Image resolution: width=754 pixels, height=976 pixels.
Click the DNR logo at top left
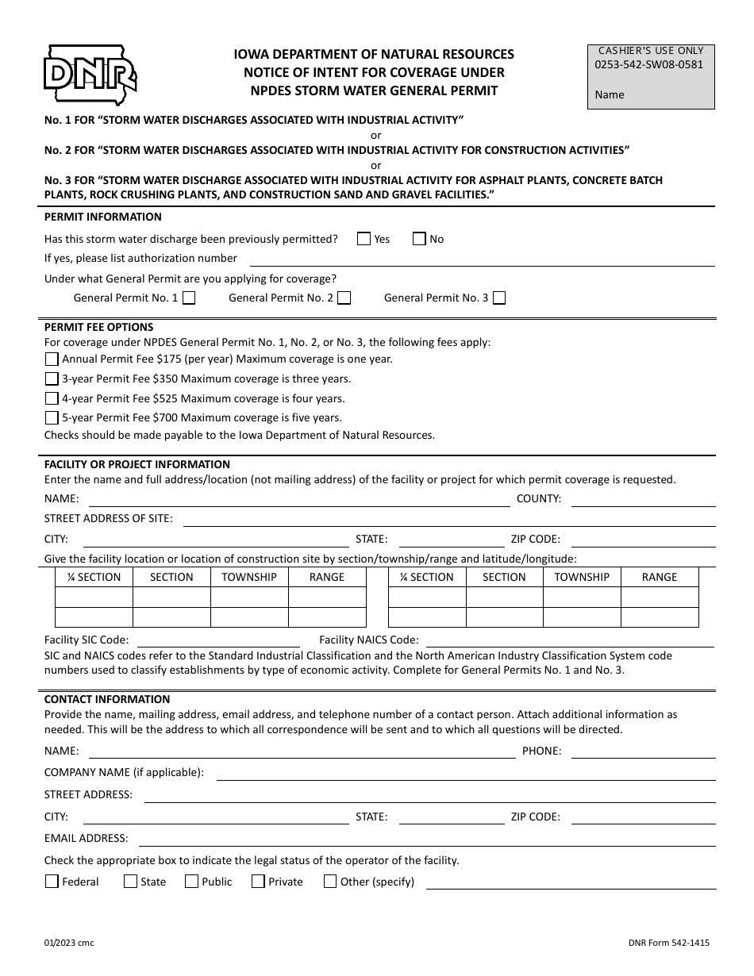point(89,76)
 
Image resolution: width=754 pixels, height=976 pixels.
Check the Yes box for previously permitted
point(364,239)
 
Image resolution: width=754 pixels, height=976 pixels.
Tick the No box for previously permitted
point(419,239)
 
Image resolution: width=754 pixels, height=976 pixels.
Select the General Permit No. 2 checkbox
point(344,298)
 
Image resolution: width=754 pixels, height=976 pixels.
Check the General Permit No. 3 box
point(499,298)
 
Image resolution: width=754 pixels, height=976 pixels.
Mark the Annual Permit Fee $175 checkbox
point(52,359)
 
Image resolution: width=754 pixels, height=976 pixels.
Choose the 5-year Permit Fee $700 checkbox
point(52,418)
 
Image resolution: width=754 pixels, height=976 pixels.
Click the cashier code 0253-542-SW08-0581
point(648,65)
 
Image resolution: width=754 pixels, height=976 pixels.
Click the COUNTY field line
point(643,500)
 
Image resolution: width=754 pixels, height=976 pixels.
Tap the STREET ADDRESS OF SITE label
point(108,518)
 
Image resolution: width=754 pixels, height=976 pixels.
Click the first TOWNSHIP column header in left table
point(249,578)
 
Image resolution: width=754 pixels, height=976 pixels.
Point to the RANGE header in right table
point(660,578)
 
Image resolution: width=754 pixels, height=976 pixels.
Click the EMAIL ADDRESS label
point(86,838)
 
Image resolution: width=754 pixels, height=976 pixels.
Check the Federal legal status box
point(52,882)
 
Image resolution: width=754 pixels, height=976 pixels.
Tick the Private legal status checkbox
point(258,882)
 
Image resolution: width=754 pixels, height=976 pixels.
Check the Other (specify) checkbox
point(330,882)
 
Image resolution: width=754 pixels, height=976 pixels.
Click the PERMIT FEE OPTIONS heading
point(99,327)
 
